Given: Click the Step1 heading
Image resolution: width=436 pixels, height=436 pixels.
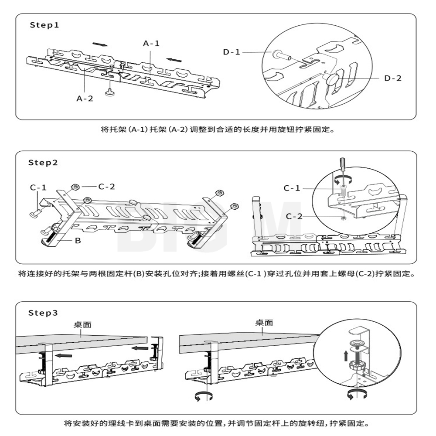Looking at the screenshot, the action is (x=44, y=25).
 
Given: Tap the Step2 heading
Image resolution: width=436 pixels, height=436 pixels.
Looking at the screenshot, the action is (x=43, y=163).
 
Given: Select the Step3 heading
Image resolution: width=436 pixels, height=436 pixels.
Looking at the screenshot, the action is (x=43, y=313).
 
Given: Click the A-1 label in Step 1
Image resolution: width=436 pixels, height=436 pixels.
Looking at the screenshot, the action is (x=151, y=44).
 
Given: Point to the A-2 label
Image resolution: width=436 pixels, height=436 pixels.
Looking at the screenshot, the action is (x=85, y=99).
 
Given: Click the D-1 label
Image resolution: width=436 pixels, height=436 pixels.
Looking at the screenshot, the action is (x=232, y=52).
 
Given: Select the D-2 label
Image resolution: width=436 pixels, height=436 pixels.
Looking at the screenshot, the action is (x=393, y=78).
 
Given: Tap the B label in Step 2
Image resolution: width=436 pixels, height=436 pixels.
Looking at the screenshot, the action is (x=78, y=241).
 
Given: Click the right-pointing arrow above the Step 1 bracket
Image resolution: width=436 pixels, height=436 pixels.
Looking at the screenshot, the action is (x=101, y=44).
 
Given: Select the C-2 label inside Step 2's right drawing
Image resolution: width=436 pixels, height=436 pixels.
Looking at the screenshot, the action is (x=294, y=216).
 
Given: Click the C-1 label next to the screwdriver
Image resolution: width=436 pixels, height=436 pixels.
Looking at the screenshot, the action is (x=292, y=188).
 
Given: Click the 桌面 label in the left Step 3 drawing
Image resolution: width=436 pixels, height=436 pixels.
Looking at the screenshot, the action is (x=82, y=325).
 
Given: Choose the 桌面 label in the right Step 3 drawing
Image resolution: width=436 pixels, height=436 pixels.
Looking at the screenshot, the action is (x=264, y=323).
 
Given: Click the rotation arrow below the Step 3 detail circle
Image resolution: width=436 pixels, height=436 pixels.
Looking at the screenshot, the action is (x=357, y=394).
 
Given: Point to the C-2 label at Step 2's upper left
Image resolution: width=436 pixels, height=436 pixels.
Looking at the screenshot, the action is (x=106, y=187).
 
